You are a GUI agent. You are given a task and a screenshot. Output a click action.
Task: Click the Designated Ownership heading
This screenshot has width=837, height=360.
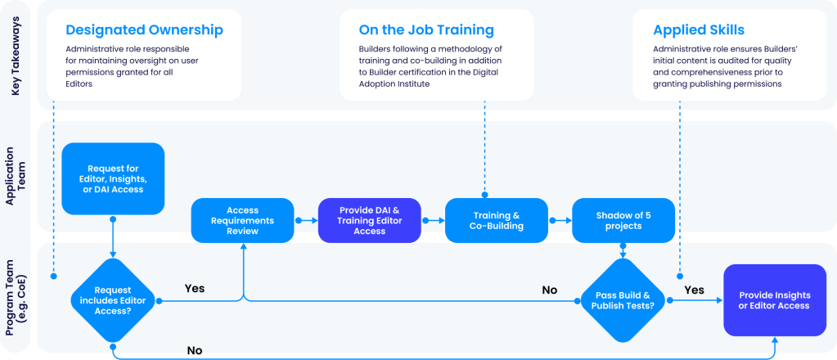pyautogui.click(x=144, y=30)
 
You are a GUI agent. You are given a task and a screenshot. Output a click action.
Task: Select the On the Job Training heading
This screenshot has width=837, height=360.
pyautogui.click(x=426, y=30)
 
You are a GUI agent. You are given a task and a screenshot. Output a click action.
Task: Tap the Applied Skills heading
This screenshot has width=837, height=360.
pyautogui.click(x=698, y=30)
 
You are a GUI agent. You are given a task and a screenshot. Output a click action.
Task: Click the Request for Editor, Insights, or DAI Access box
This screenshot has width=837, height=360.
pyautogui.click(x=113, y=178)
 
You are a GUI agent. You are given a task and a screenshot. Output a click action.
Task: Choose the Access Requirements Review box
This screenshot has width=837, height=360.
pyautogui.click(x=242, y=221)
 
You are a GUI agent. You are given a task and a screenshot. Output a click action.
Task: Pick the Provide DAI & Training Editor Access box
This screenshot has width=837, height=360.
pyautogui.click(x=369, y=221)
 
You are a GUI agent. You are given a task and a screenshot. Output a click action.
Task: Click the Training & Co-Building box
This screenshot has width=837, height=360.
pyautogui.click(x=497, y=221)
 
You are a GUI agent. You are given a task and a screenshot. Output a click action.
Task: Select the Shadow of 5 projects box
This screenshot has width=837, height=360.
pyautogui.click(x=623, y=221)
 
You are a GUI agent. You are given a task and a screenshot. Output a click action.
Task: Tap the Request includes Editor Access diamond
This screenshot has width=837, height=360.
pyautogui.click(x=113, y=300)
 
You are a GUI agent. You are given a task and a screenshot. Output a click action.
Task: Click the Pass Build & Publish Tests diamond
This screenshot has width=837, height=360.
pyautogui.click(x=624, y=300)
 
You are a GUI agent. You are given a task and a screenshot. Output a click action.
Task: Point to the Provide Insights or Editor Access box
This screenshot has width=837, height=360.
pyautogui.click(x=774, y=300)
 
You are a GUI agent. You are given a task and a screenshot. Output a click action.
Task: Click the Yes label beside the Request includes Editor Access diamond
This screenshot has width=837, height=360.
pyautogui.click(x=195, y=288)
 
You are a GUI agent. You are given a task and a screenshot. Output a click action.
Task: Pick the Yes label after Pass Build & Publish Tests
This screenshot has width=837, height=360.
pyautogui.click(x=694, y=290)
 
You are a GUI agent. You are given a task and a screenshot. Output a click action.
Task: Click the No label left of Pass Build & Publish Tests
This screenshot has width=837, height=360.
pyautogui.click(x=550, y=290)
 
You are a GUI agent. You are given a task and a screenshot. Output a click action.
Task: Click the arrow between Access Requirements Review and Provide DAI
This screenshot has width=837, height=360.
pyautogui.click(x=306, y=221)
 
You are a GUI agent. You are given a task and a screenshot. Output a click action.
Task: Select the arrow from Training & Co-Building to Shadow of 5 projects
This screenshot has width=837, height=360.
pyautogui.click(x=560, y=221)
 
